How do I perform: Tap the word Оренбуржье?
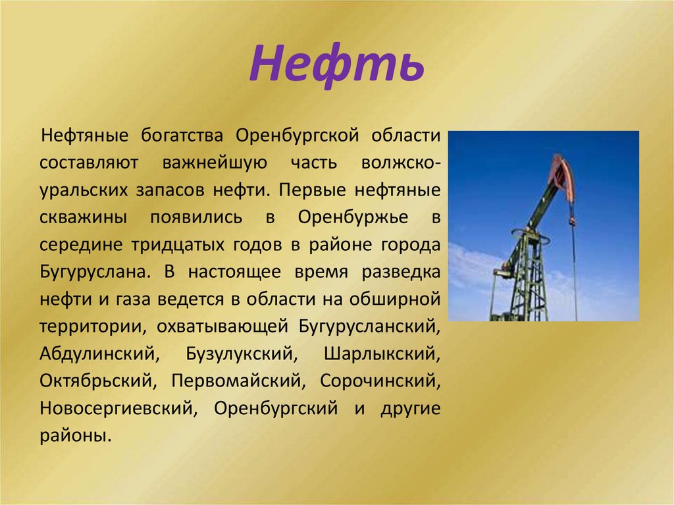pyautogui.click(x=353, y=217)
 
